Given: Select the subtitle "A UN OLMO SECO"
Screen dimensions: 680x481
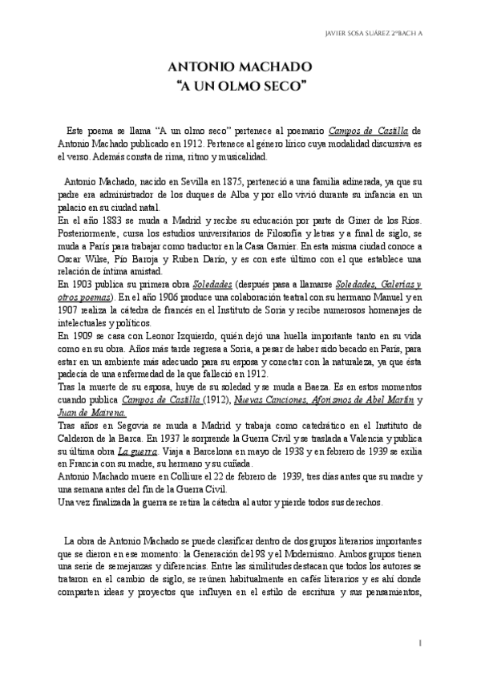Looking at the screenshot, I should click(x=240, y=85).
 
